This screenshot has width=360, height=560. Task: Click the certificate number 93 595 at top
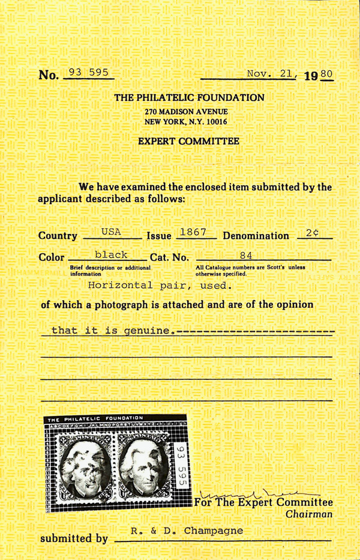pyautogui.click(x=89, y=73)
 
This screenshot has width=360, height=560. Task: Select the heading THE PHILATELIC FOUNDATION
pyautogui.click(x=189, y=98)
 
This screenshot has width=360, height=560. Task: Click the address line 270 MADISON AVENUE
pyautogui.click(x=186, y=112)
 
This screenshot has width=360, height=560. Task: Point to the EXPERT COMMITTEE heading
pyautogui.click(x=188, y=142)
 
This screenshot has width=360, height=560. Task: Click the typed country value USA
pyautogui.click(x=111, y=232)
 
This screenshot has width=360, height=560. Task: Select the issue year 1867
pyautogui.click(x=193, y=231)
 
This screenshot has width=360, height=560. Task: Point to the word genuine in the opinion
pyautogui.click(x=142, y=330)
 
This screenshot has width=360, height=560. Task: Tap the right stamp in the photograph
pyautogui.click(x=146, y=466)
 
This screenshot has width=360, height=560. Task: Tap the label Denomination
pyautogui.click(x=256, y=236)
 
